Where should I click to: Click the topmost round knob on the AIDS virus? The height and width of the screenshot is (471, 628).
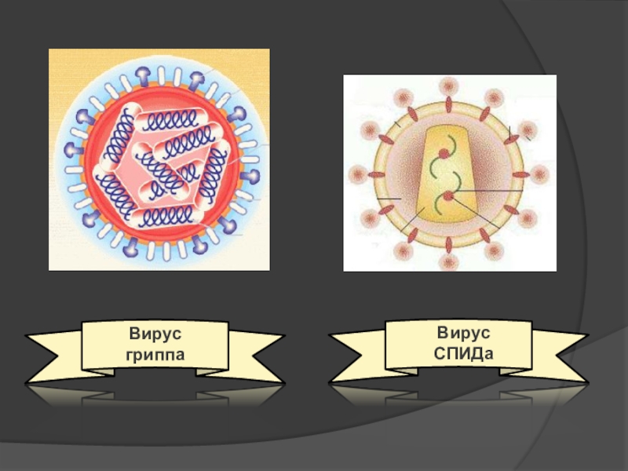click(449, 85)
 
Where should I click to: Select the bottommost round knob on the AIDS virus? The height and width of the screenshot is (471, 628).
click(449, 262)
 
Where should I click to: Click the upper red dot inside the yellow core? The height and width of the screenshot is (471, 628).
click(444, 155)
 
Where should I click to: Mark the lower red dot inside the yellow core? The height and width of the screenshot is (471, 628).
click(448, 196)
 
